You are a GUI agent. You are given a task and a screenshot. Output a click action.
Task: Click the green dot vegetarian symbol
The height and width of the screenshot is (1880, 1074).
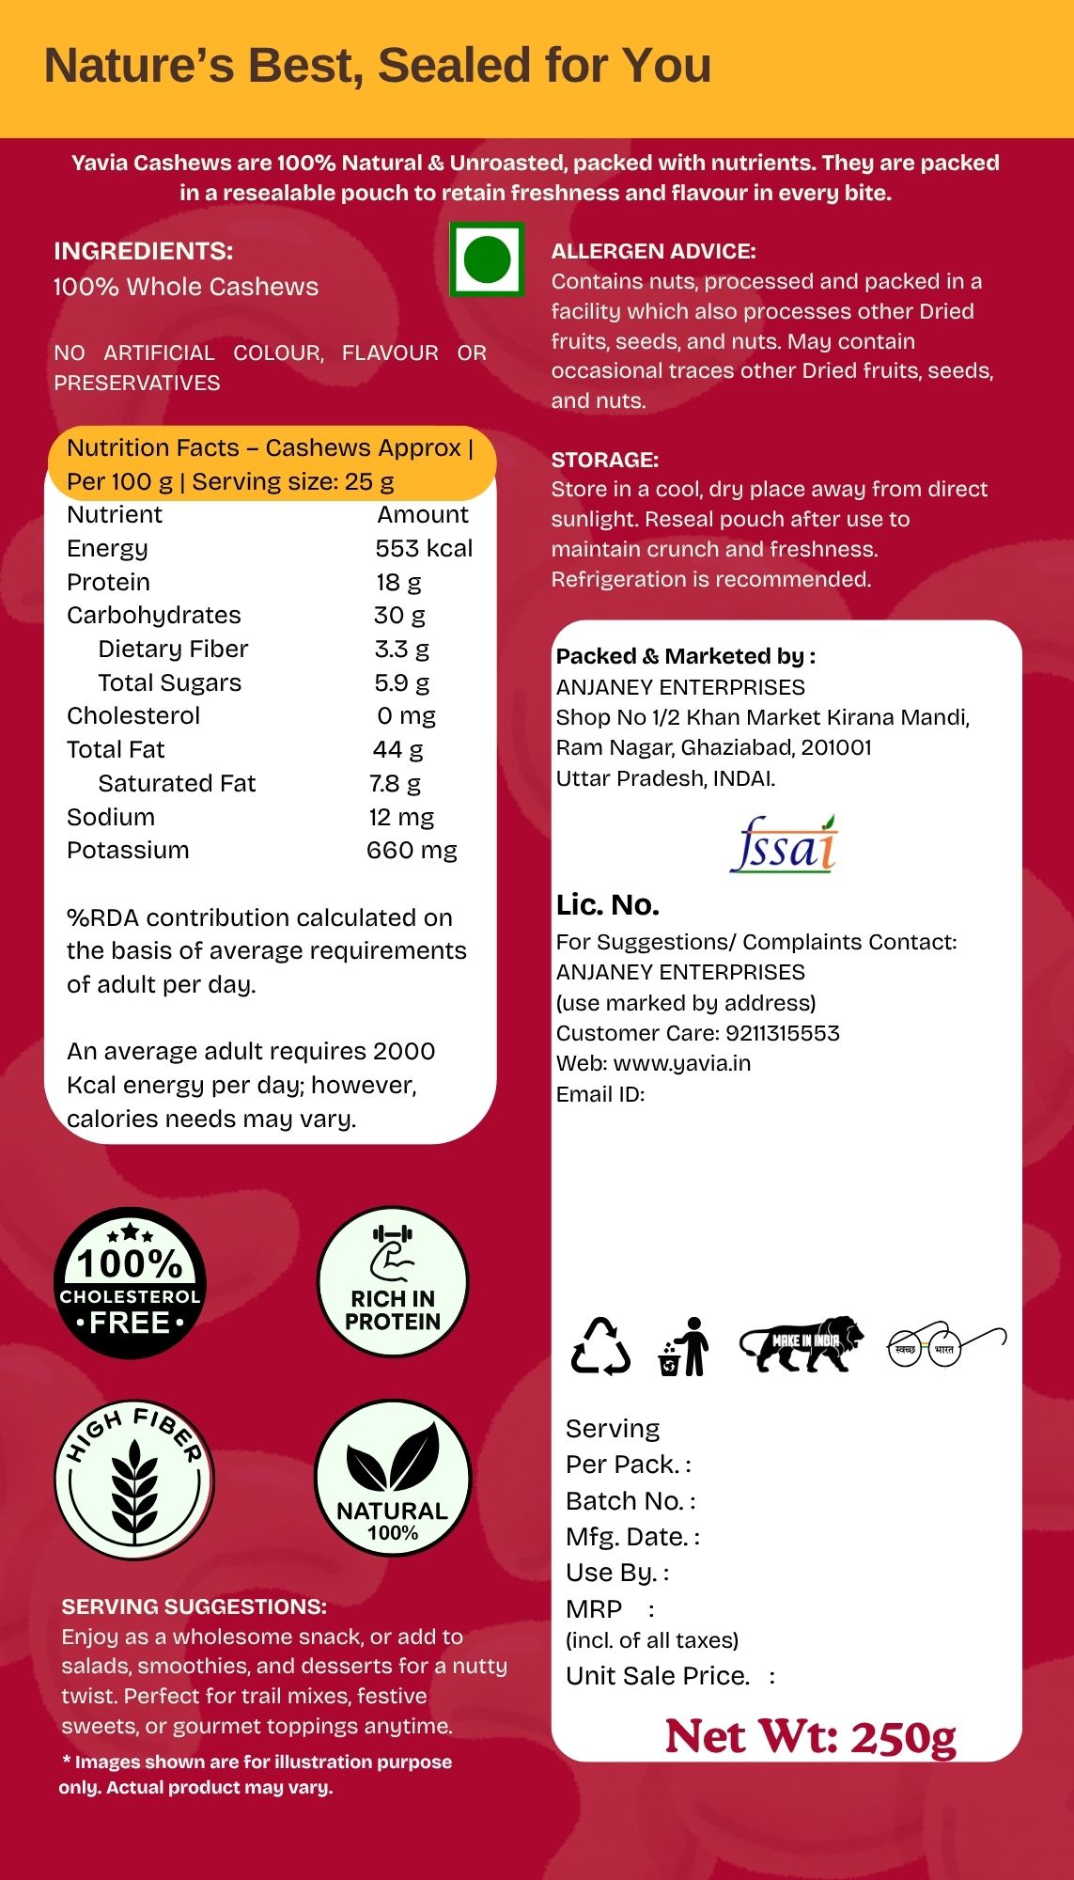[x=487, y=259]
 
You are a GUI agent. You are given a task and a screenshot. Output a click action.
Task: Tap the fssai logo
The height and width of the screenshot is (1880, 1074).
[x=783, y=844]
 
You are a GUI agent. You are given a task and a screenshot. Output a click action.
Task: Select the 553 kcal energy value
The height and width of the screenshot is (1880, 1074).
[x=424, y=548]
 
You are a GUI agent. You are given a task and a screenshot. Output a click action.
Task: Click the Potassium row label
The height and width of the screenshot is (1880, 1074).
[x=128, y=850]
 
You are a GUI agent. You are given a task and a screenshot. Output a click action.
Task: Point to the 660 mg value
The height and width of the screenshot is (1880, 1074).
[x=412, y=850]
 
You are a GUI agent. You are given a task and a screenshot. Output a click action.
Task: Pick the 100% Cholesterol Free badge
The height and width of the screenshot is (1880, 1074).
[x=130, y=1283]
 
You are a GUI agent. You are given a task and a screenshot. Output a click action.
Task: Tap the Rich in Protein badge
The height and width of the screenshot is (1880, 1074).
[x=393, y=1282]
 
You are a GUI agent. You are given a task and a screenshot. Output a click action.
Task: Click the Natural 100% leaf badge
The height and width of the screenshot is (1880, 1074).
[x=393, y=1478]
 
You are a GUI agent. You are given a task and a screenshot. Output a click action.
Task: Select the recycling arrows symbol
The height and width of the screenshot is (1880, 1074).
[x=600, y=1346]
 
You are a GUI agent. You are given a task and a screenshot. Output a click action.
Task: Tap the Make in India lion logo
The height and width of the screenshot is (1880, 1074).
[x=802, y=1344]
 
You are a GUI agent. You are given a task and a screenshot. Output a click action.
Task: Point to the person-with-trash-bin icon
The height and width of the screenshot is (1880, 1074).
[x=684, y=1346]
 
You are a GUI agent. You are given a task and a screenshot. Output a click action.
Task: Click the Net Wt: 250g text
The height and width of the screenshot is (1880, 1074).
[x=810, y=1736]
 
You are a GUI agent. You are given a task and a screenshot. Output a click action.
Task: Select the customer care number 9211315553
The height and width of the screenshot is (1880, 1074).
[x=783, y=1033]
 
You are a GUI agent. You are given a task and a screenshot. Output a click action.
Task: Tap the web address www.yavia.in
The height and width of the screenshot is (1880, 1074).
[x=681, y=1063]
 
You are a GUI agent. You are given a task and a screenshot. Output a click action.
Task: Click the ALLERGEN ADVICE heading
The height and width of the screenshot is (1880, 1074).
[x=653, y=251]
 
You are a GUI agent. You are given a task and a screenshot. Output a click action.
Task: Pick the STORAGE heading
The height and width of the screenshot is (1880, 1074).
[x=605, y=460]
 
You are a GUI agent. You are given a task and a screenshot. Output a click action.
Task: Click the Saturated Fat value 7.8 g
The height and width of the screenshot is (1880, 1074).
[x=395, y=783]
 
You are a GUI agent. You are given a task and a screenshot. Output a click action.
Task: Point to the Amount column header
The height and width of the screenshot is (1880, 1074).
[x=423, y=514]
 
